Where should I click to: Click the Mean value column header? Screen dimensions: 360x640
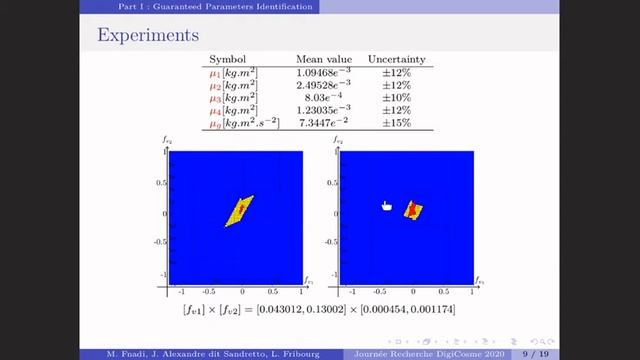[322, 59]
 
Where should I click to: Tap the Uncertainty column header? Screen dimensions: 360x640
[396, 59]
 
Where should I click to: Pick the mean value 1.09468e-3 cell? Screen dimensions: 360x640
[323, 73]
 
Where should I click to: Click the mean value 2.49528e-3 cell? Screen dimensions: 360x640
[323, 85]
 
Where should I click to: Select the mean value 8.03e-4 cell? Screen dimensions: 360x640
[323, 98]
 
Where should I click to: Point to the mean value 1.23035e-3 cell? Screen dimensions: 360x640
[323, 110]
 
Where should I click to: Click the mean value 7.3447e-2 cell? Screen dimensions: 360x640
[323, 123]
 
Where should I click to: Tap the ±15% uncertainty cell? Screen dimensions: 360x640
[397, 123]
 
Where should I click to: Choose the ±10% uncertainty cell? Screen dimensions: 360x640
[397, 98]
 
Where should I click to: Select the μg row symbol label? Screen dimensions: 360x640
[215, 123]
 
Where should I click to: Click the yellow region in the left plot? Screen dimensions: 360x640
[233, 214]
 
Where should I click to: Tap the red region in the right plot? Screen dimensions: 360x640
[410, 211]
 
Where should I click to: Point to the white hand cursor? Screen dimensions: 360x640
[387, 206]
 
